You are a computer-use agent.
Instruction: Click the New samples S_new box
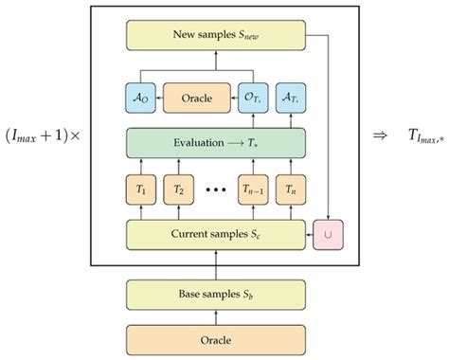(215, 36)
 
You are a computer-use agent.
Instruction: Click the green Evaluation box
(215, 144)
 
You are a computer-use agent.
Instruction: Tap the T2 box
(178, 189)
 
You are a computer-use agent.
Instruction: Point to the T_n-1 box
(251, 189)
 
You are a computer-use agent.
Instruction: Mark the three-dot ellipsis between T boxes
(215, 189)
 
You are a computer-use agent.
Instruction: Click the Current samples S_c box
(215, 232)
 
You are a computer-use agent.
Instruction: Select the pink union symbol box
(328, 232)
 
